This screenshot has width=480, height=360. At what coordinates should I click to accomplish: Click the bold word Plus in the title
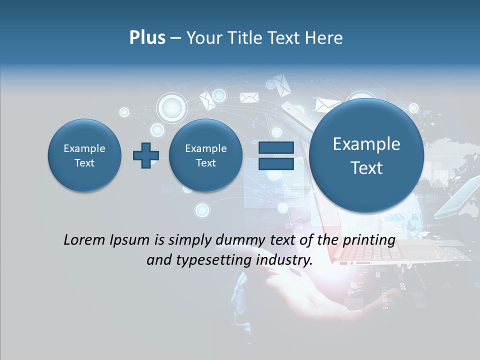[x=147, y=37]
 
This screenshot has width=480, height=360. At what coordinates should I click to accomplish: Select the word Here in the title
[x=324, y=38]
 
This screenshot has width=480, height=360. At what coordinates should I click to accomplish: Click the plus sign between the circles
[x=145, y=155]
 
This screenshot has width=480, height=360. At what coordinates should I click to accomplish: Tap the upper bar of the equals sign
[x=275, y=148]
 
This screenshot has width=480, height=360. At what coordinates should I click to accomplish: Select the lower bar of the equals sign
[x=275, y=163]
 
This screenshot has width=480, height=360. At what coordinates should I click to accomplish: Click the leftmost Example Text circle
[x=84, y=155]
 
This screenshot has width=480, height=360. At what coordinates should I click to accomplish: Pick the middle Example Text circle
[x=205, y=155]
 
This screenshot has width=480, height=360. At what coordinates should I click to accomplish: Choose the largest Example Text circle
[x=366, y=155]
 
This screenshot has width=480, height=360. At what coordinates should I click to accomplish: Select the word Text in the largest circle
[x=366, y=168]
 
